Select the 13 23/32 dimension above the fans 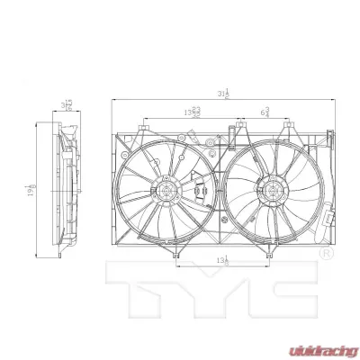click(193, 112)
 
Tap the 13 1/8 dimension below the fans click(221, 262)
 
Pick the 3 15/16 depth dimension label click(67, 106)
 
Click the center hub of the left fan click(166, 190)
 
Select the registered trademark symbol click(325, 256)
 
